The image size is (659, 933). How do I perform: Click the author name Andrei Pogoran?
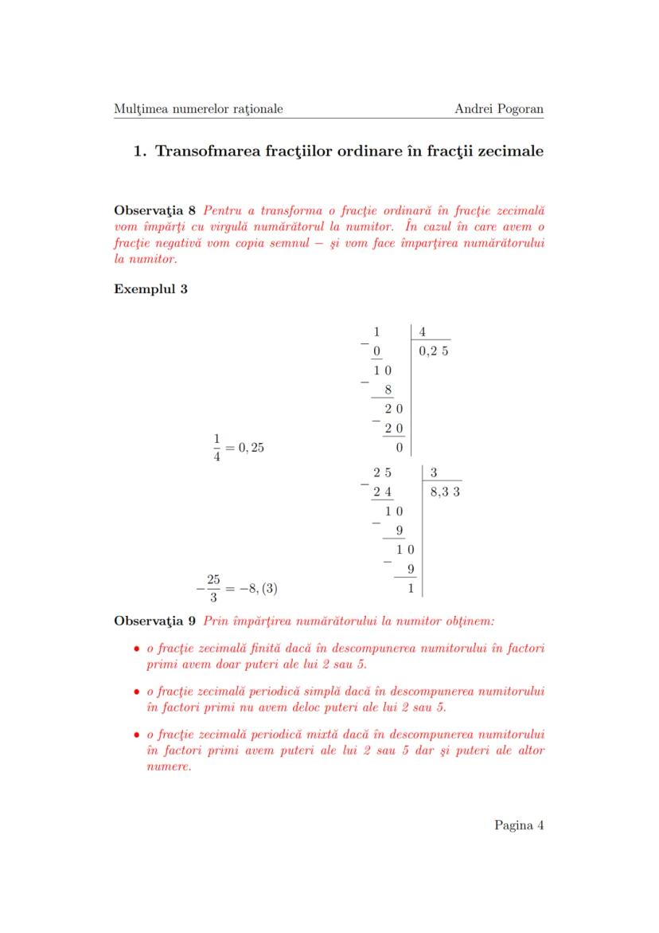click(498, 109)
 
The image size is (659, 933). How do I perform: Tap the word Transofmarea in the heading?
click(209, 151)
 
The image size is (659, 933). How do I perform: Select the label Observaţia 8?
click(154, 211)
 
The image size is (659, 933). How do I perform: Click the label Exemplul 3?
click(150, 288)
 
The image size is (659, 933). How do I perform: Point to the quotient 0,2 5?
click(433, 351)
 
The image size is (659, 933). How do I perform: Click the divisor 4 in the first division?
click(422, 332)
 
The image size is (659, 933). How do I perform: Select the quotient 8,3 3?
click(445, 492)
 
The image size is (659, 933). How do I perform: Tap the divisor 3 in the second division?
click(434, 473)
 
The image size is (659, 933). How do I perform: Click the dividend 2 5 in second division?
click(382, 473)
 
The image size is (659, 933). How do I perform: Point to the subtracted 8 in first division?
click(388, 390)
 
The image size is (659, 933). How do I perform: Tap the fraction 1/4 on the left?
click(216, 447)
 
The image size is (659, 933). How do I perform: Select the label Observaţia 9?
click(154, 620)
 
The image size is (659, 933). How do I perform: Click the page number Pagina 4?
click(518, 825)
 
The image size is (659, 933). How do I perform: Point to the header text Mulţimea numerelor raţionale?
click(198, 109)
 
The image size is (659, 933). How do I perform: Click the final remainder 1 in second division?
click(410, 589)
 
